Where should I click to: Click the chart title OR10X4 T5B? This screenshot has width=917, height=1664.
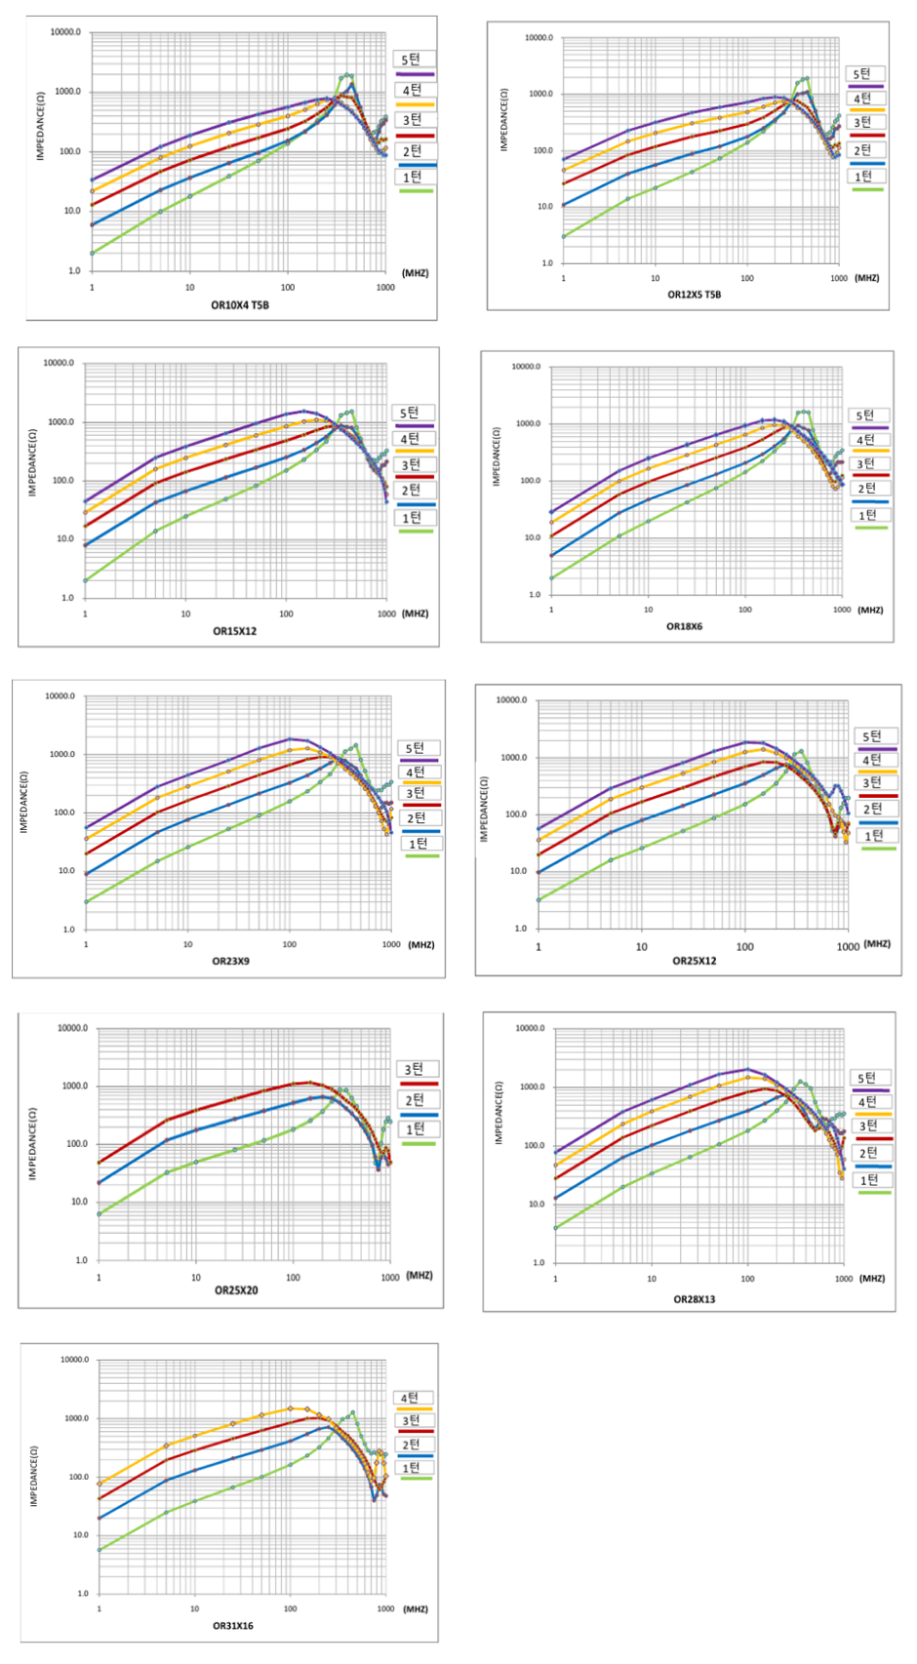[240, 305]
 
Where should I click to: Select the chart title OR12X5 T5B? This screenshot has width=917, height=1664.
[695, 295]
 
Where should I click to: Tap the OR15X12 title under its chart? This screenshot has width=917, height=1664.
[235, 631]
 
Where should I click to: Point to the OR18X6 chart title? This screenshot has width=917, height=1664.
[684, 626]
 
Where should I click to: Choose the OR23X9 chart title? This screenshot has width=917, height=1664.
[230, 961]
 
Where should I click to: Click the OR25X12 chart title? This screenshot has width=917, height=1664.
[695, 961]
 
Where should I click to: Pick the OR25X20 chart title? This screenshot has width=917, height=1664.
[236, 1289]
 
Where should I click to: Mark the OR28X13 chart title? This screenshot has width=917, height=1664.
[695, 1299]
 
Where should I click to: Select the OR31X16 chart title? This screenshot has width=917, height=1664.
[233, 1626]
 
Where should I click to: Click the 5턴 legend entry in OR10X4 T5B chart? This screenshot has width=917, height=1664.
[414, 60]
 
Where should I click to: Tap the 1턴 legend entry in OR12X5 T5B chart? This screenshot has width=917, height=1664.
[864, 177]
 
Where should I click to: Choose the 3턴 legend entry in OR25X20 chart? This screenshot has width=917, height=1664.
[417, 1070]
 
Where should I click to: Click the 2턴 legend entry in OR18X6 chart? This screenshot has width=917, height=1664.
[867, 489]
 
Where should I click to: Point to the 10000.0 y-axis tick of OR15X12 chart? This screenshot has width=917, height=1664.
[59, 363]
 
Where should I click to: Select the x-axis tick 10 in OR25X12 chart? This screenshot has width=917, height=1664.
[641, 947]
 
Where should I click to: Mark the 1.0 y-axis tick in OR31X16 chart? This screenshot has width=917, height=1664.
[79, 1594]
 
